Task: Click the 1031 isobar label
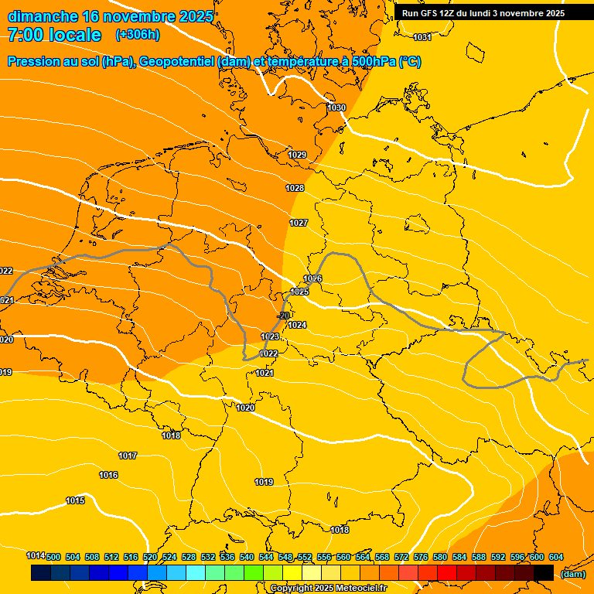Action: coord(422,38)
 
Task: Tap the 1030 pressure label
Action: coord(336,108)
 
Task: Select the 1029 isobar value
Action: coord(298,155)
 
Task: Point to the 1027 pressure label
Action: coord(299,223)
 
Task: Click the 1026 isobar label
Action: coord(312,278)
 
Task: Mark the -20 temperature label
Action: coord(284,316)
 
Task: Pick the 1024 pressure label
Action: coord(297,325)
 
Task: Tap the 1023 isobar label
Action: coord(270,337)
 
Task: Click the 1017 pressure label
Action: coord(128,456)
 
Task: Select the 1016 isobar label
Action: coord(108,475)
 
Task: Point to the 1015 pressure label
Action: coord(75,501)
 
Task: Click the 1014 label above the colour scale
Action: coord(36,555)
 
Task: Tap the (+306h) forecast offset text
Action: coord(138,35)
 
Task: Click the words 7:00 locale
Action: coord(54,35)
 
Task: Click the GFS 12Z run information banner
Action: coord(483,13)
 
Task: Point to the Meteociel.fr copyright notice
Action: coord(328,589)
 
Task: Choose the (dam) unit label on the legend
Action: coord(572,574)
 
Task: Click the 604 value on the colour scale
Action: coord(556,557)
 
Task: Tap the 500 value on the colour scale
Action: coord(53,557)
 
